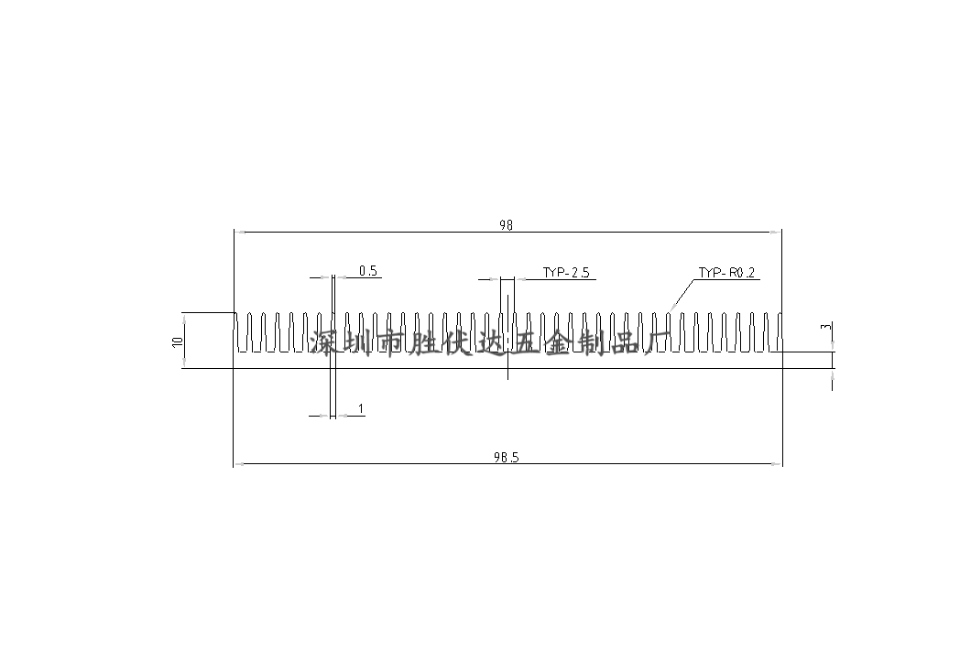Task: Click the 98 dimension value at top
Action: tap(506, 225)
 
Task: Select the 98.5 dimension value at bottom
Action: tap(507, 457)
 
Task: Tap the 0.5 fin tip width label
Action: tap(368, 270)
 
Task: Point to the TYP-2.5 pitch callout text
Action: tap(566, 272)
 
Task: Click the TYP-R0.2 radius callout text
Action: tap(726, 272)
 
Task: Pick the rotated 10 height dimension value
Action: tap(178, 342)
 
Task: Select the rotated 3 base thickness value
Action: tap(826, 328)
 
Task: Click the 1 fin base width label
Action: tap(361, 408)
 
